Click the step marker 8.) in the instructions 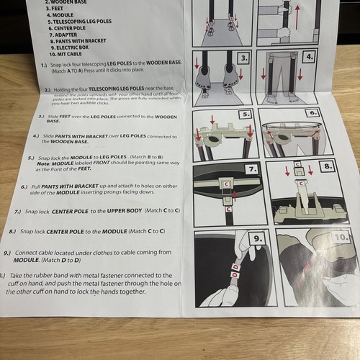13,232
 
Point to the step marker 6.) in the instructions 24,185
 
